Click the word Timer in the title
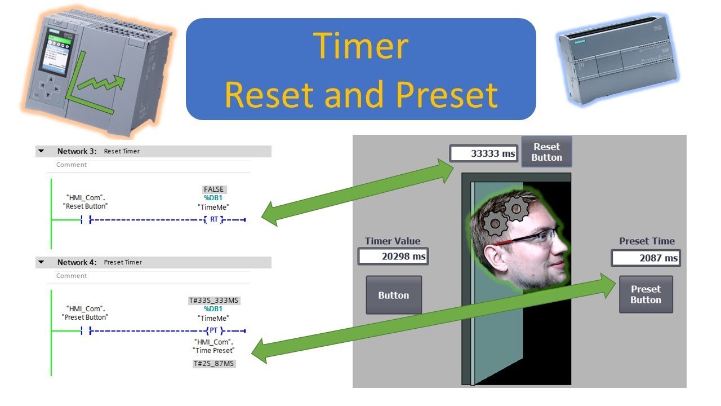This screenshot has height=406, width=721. (360, 46)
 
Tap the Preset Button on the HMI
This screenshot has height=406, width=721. (646, 294)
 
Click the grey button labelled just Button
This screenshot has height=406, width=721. (394, 295)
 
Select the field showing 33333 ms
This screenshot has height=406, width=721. (483, 153)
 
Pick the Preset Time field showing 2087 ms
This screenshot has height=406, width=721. (646, 258)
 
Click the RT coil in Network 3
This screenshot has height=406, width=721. (214, 219)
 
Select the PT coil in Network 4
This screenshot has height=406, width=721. (214, 330)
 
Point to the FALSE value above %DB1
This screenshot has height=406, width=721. (214, 189)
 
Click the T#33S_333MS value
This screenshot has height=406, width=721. (214, 301)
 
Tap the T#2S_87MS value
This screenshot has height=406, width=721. (214, 364)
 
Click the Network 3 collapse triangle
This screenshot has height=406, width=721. (41, 151)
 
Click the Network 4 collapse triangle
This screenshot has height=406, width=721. (41, 262)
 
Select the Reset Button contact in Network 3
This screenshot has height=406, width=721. (86, 219)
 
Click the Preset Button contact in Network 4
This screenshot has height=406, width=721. (86, 330)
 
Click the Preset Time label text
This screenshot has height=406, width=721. (646, 241)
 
